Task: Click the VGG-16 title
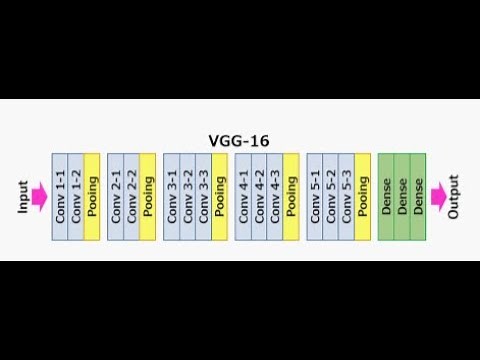coord(238,141)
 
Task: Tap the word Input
coord(23,196)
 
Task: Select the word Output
coord(455,197)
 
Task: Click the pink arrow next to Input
coord(41,197)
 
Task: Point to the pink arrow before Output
coord(436,197)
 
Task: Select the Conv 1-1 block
coord(59,197)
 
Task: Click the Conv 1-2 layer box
coord(76,197)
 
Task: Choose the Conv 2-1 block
coord(116,197)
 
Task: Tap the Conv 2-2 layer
coord(132,197)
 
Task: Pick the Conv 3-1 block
coord(172,197)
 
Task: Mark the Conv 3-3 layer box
coord(204,197)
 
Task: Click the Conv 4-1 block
coord(243,197)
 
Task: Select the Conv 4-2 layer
coord(259,197)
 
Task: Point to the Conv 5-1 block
coord(315,197)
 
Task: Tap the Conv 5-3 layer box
coord(347,197)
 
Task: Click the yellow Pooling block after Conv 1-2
coord(92,197)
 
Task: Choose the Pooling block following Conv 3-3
coord(220,197)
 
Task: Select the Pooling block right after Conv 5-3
coord(363,197)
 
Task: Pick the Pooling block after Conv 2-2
coord(148,197)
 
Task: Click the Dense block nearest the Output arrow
coord(418,197)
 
